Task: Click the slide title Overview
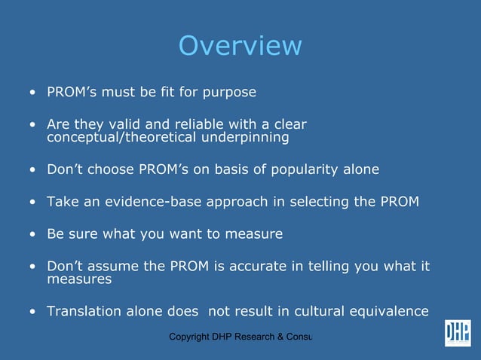(240, 46)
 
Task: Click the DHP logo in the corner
(457, 333)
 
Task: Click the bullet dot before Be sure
(32, 234)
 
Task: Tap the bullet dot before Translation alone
(32, 312)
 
